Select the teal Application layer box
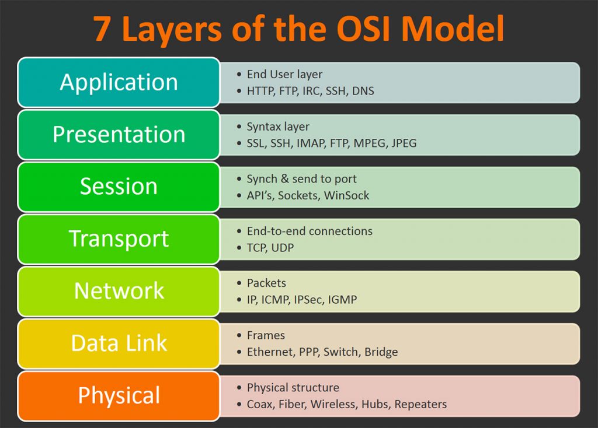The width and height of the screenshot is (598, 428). pos(119,82)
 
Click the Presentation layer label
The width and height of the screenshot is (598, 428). pos(119,135)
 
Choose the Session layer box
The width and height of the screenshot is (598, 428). pos(119,187)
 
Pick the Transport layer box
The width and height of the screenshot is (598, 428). pos(119,238)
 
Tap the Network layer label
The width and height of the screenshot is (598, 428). pos(119,290)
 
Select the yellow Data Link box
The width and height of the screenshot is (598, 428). pos(119,343)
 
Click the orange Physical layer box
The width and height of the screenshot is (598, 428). pos(119,395)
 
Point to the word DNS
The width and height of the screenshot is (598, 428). pos(363,91)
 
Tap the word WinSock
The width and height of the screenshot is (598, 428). pos(347,195)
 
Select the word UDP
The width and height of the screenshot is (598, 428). pos(283,248)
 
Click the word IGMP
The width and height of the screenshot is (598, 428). pos(342,300)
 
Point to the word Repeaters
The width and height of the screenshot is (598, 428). pos(420,404)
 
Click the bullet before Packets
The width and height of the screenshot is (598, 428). pos(239,283)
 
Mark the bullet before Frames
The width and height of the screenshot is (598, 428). pos(239,335)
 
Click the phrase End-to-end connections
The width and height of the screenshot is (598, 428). pos(310,231)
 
